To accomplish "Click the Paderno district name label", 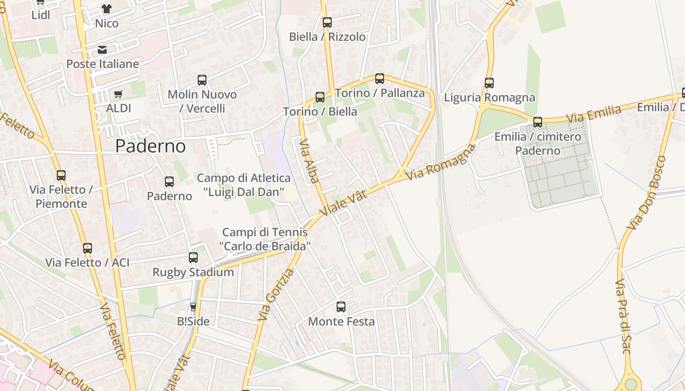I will click(x=151, y=146).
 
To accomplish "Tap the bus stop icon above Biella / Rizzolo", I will click(x=327, y=22).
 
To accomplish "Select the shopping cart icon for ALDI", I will click(x=118, y=94).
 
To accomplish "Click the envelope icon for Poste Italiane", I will click(x=102, y=50).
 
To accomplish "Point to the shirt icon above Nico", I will click(x=107, y=9).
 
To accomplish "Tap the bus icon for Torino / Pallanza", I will click(x=380, y=78).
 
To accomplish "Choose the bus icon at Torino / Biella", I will click(x=320, y=97).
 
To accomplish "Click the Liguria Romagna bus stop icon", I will click(x=489, y=83).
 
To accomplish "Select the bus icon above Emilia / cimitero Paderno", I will click(x=538, y=122).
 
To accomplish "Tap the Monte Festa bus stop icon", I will click(x=341, y=307).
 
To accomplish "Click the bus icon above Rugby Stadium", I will click(x=193, y=258).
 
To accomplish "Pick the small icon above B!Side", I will click(x=193, y=307).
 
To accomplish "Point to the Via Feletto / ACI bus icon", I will click(x=88, y=248).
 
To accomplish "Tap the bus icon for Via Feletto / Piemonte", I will click(x=61, y=175).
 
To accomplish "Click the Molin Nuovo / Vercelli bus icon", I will click(x=202, y=80).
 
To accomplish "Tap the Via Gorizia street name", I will click(x=276, y=295).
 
